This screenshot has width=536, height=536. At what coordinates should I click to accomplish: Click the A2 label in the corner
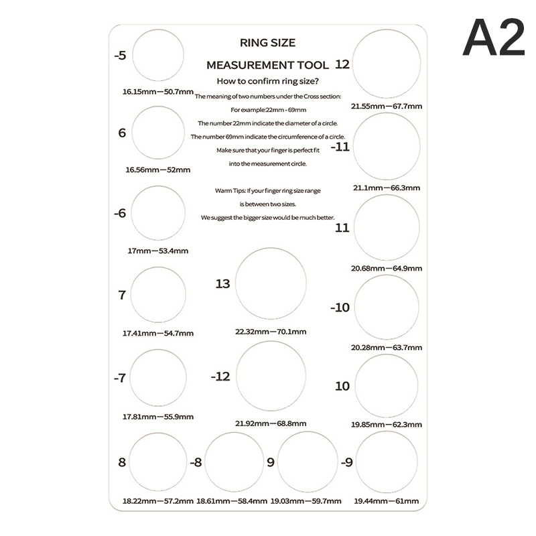(x=494, y=38)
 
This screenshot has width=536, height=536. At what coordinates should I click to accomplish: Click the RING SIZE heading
(x=267, y=43)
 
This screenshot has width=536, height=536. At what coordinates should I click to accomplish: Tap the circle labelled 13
(x=271, y=283)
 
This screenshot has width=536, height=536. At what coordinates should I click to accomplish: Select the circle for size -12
(x=271, y=377)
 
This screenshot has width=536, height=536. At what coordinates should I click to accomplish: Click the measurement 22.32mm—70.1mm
(x=271, y=332)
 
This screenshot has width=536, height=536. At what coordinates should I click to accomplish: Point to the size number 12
(x=342, y=65)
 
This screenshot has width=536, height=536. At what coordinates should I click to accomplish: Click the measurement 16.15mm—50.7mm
(x=158, y=91)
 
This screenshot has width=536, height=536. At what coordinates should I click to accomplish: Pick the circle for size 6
(x=159, y=133)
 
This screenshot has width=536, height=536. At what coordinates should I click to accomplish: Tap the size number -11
(x=340, y=147)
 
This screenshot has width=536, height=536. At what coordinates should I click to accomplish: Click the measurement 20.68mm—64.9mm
(x=387, y=268)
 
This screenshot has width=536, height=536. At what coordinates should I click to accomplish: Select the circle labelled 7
(x=159, y=295)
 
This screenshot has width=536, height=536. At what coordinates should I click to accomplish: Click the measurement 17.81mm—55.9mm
(x=158, y=417)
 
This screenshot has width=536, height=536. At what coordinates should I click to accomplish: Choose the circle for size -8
(x=234, y=462)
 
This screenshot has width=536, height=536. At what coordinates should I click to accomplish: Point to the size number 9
(x=270, y=462)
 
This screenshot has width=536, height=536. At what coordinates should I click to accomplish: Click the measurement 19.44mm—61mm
(x=387, y=501)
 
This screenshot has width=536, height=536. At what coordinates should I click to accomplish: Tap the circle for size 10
(x=387, y=387)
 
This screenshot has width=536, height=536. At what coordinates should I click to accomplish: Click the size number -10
(x=340, y=308)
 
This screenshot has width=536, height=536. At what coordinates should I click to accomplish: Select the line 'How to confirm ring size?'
(x=267, y=81)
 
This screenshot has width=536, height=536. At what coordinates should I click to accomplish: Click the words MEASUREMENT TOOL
(x=267, y=66)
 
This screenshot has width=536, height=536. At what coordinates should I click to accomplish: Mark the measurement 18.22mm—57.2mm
(x=158, y=501)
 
